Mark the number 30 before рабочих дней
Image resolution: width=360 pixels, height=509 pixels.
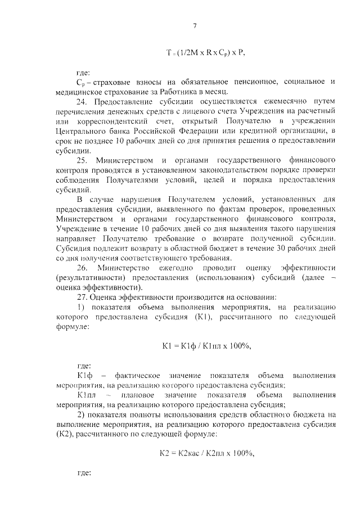click(x=277, y=248)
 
